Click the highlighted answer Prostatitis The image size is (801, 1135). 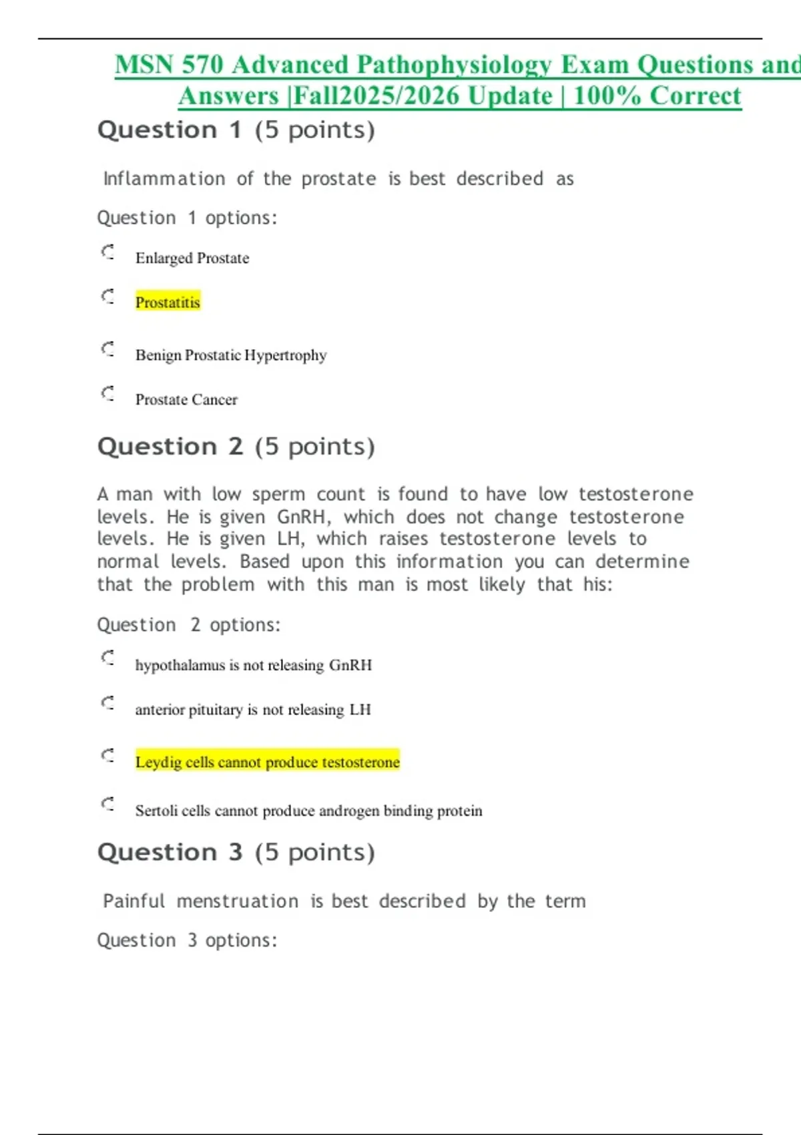click(168, 302)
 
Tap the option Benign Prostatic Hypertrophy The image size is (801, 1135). click(231, 355)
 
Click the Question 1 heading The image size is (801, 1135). click(236, 130)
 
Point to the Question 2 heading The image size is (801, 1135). click(236, 447)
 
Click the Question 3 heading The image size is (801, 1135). click(236, 853)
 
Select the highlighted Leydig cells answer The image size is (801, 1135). click(267, 762)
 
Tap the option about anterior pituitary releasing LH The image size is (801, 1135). click(252, 710)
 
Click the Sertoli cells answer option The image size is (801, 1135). click(308, 811)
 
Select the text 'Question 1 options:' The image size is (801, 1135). click(187, 218)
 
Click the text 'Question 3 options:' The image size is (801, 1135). click(187, 941)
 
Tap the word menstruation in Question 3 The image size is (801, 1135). click(238, 901)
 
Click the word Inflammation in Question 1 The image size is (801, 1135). click(164, 179)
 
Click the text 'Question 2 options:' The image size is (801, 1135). click(189, 626)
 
